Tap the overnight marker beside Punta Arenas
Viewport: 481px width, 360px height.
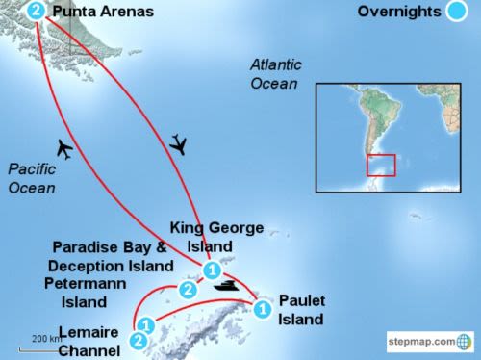[37, 12]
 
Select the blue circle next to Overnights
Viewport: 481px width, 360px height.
[456, 13]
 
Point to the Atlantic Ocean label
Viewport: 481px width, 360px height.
[275, 74]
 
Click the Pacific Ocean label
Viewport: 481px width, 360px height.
[32, 178]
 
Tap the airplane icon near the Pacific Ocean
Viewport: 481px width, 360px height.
[64, 149]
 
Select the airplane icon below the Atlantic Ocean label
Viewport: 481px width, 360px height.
[179, 144]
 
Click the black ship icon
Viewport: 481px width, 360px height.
[227, 285]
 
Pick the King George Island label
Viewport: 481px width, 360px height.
[216, 237]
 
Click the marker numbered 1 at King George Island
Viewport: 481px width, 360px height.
[212, 270]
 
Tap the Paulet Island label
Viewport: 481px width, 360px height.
[301, 309]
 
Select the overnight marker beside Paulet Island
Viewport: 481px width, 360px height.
[261, 309]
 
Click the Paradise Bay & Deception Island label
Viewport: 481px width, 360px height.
[109, 256]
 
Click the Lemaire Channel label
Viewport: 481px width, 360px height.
[89, 341]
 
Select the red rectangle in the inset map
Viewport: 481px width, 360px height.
[381, 165]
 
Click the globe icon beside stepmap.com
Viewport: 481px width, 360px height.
[466, 341]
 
